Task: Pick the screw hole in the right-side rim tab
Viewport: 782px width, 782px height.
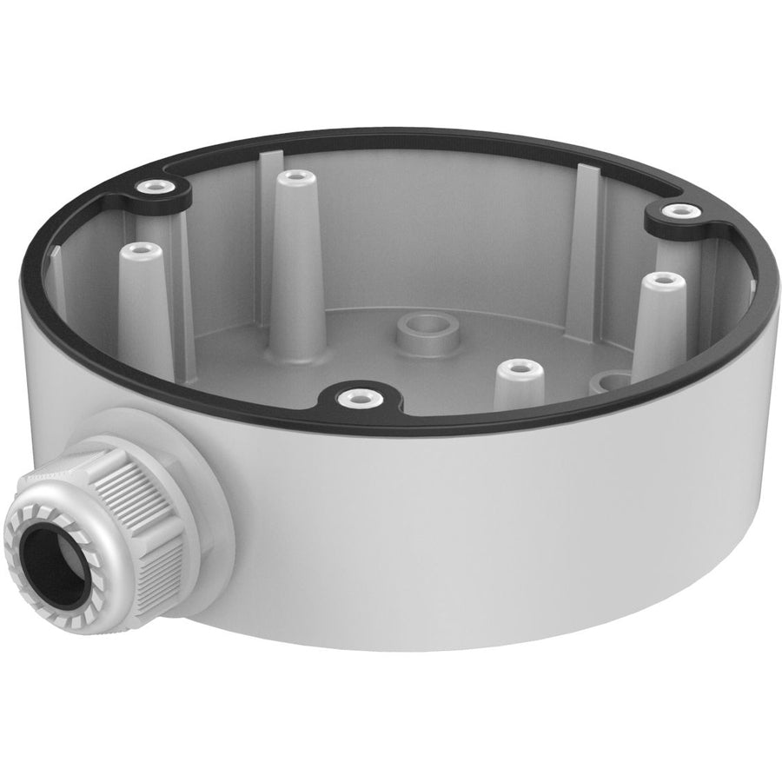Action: tap(677, 210)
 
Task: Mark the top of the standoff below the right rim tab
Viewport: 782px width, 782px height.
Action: tap(665, 282)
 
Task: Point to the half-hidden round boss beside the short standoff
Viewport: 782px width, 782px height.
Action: tap(610, 381)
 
